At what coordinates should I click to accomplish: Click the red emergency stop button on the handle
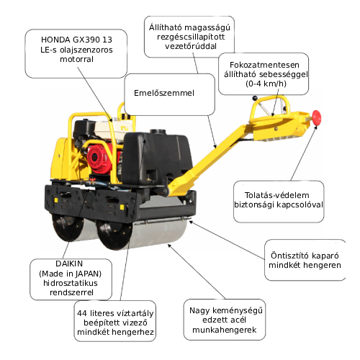click(317, 117)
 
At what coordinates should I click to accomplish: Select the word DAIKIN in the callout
click(69, 264)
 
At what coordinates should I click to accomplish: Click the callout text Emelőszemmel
click(164, 93)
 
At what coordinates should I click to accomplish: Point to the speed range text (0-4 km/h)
click(266, 84)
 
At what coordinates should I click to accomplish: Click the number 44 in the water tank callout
click(82, 313)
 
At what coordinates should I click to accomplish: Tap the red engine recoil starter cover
click(97, 157)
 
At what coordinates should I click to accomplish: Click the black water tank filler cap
click(158, 132)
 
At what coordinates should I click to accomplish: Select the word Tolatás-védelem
click(276, 195)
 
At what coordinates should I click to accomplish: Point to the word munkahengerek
click(225, 330)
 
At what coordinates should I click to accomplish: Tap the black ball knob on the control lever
click(255, 98)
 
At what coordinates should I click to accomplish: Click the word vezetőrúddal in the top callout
click(191, 46)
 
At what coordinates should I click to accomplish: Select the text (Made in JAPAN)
click(70, 274)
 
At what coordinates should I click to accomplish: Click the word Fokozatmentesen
click(264, 65)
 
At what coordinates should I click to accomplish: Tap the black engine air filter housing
click(84, 128)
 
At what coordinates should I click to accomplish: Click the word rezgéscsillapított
click(191, 37)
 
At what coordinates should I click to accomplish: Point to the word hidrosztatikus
click(71, 283)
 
